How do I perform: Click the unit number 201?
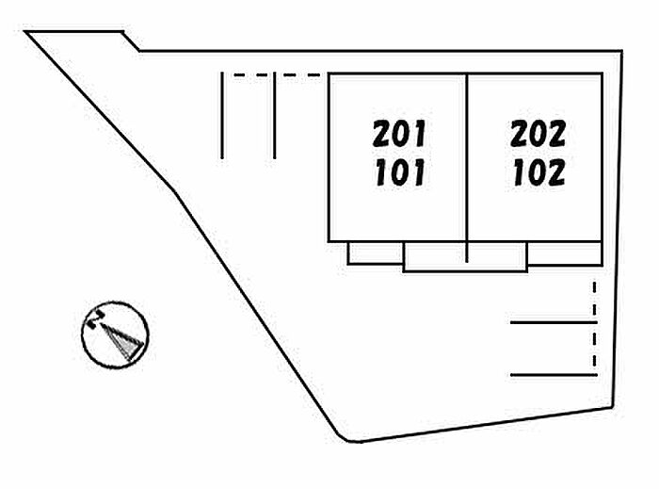coord(399,134)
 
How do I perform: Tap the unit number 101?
coord(399,173)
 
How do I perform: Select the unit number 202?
coord(538,134)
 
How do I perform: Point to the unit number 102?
coord(538,173)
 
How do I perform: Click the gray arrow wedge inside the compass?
coord(122,341)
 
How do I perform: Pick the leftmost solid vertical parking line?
coord(221,116)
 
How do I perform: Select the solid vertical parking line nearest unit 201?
coord(274,116)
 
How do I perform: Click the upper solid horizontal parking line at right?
coord(554,323)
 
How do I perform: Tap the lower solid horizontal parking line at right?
coord(554,375)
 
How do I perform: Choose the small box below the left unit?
coord(375,253)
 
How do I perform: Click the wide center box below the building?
coord(464,257)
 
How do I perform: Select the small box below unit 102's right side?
coord(564,253)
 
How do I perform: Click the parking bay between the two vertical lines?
coord(248,118)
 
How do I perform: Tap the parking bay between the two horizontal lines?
coord(554,350)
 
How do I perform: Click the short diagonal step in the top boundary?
coord(132,41)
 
